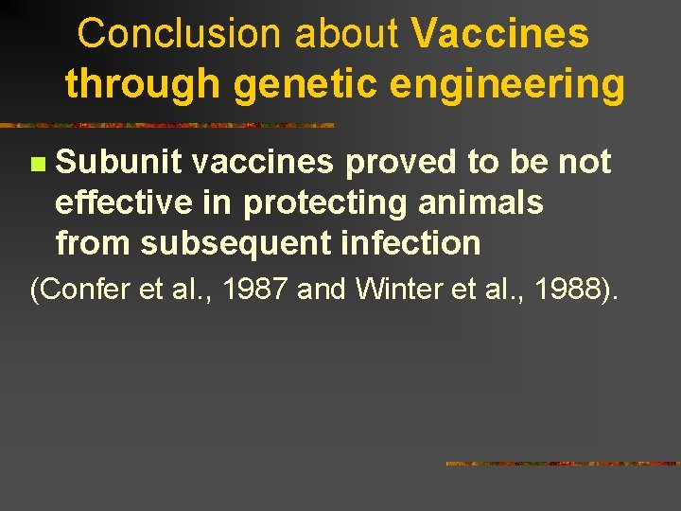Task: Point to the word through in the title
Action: tap(142, 85)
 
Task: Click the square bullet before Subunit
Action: tap(36, 165)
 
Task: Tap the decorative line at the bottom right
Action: tap(562, 464)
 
